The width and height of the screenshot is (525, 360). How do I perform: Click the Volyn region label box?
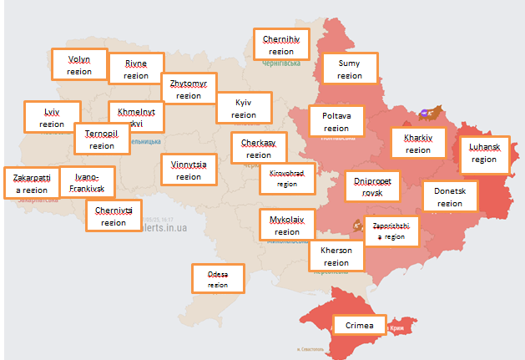(79, 64)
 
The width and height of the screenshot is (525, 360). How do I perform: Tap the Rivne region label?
(136, 68)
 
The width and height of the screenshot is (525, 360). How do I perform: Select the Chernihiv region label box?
(281, 43)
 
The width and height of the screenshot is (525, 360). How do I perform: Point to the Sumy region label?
(349, 69)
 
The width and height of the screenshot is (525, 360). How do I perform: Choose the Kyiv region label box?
(244, 108)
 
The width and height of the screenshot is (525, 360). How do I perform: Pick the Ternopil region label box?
(101, 139)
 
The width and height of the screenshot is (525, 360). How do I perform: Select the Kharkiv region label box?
(418, 143)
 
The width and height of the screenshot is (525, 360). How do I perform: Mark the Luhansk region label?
(483, 153)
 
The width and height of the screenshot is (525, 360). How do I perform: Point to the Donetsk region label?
(450, 196)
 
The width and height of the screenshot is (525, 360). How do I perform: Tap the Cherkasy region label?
(259, 148)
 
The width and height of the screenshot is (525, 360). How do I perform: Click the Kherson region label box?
(336, 256)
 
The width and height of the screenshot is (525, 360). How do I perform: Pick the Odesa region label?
(218, 278)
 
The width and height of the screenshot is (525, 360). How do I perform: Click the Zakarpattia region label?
(32, 183)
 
